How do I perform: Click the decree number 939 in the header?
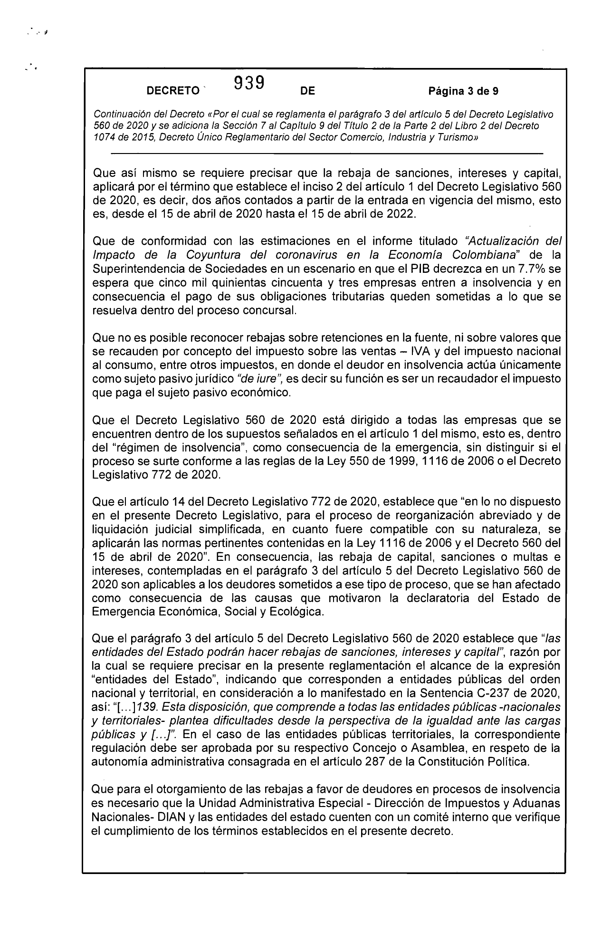coord(249,83)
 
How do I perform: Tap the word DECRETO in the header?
coord(173,91)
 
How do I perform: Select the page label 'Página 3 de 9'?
coord(463,91)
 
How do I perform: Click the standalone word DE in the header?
coord(308,91)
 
